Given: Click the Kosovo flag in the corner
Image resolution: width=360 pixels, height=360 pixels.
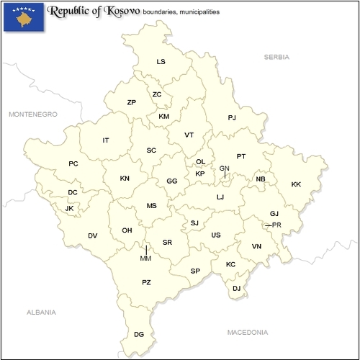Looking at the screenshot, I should coord(23,17).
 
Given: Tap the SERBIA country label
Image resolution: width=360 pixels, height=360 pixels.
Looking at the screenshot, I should coord(276,56).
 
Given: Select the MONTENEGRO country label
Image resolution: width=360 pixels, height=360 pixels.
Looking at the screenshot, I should coord(32,114).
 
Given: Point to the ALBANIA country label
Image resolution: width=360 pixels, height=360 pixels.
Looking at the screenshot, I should coord(40,312).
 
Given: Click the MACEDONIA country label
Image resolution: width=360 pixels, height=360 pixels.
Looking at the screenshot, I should coord(247,333).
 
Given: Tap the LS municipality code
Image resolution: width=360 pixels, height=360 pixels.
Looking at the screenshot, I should coord(161,62).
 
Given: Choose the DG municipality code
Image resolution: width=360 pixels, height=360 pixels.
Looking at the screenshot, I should coord(139,334).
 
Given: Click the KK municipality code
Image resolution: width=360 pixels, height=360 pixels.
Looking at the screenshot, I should coord(296,184).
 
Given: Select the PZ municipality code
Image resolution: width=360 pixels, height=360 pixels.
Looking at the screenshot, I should coord(146,282).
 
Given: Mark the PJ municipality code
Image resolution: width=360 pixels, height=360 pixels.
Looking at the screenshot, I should coord(232,117).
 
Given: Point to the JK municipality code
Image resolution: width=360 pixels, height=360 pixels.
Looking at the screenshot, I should coord(70,209).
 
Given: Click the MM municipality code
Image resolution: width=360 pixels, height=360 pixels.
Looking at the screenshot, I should coord(146,258).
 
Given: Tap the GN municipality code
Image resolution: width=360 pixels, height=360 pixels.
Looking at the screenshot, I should coord(225,168).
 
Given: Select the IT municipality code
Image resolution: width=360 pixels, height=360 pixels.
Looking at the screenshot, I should coord(106,140).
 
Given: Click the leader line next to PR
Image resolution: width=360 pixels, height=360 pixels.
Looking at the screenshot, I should coord(268,225).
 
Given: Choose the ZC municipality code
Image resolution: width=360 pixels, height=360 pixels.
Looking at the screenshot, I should coord(157,94).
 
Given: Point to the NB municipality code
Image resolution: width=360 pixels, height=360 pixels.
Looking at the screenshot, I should coord(261,179).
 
